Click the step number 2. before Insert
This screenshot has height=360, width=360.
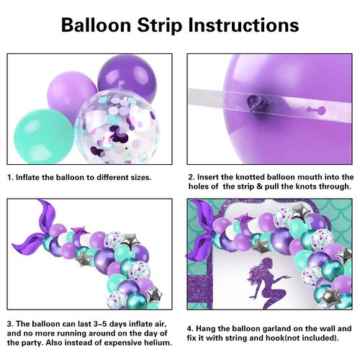192,176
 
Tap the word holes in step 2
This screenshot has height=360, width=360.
199,187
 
